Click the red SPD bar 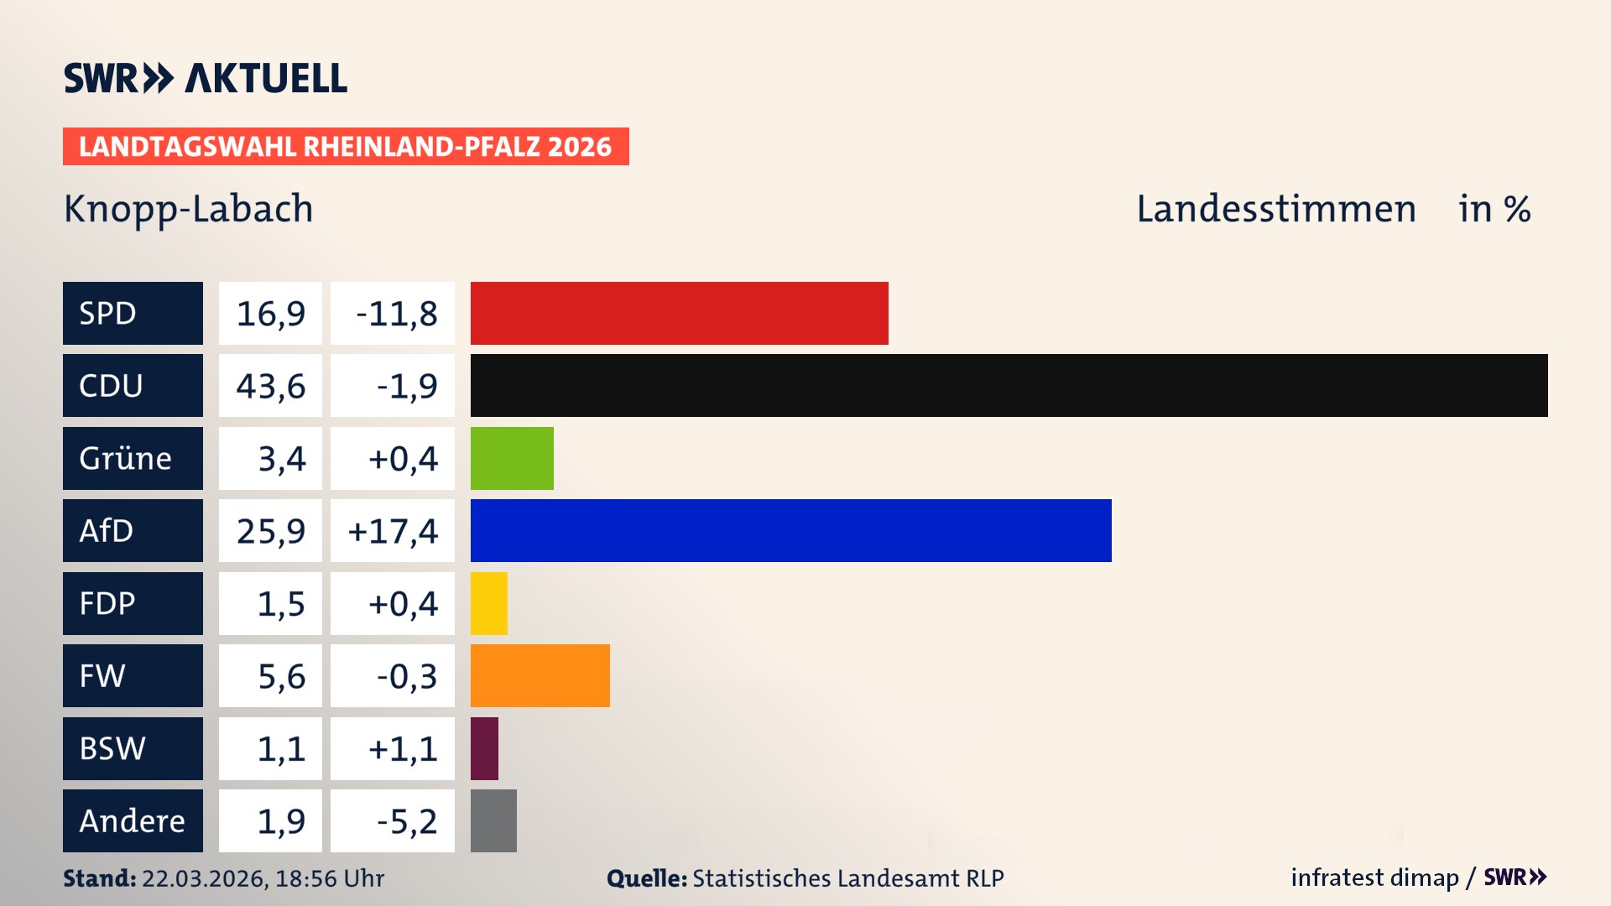pyautogui.click(x=679, y=313)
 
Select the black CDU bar pyautogui.click(x=1009, y=385)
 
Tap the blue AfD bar pyautogui.click(x=790, y=530)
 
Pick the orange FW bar pyautogui.click(x=540, y=675)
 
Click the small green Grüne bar pyautogui.click(x=512, y=458)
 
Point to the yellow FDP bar pyautogui.click(x=488, y=603)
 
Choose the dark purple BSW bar pyautogui.click(x=484, y=748)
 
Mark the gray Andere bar pyautogui.click(x=493, y=820)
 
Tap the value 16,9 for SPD pyautogui.click(x=270, y=313)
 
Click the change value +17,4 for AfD pyautogui.click(x=392, y=530)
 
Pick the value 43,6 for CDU pyautogui.click(x=270, y=385)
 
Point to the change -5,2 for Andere pyautogui.click(x=406, y=820)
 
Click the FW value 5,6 pyautogui.click(x=280, y=675)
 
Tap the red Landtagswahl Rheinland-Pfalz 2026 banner pyautogui.click(x=346, y=146)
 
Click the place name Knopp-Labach pyautogui.click(x=188, y=209)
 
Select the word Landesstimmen pyautogui.click(x=1275, y=209)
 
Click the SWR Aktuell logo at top pyautogui.click(x=205, y=78)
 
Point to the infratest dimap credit pyautogui.click(x=1374, y=877)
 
